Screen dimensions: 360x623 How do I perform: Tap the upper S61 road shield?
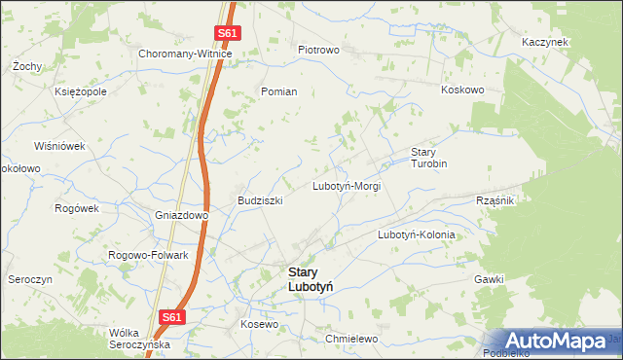(227, 33)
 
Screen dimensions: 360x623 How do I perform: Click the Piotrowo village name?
(318, 50)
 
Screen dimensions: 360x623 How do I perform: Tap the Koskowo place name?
(462, 90)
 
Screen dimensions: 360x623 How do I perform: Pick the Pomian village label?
(278, 90)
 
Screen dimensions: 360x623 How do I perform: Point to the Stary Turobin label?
(428, 158)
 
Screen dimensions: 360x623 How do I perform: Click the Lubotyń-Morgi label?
(346, 185)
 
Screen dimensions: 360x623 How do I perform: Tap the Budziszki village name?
(260, 200)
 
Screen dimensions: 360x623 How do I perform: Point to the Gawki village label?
(489, 279)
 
